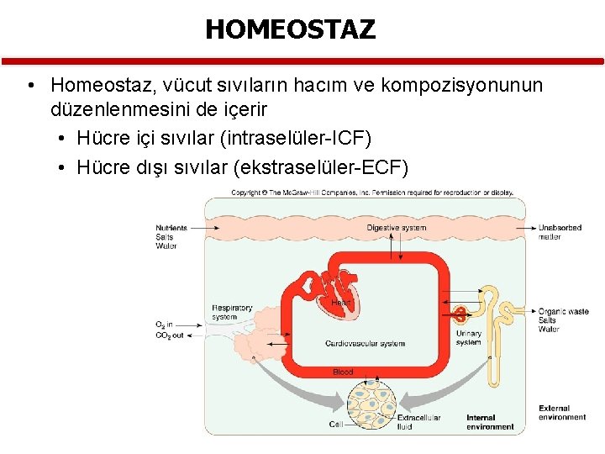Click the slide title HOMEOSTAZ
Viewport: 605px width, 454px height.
pos(290,29)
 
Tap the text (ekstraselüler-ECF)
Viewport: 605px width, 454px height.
pos(324,167)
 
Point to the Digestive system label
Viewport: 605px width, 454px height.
pos(396,228)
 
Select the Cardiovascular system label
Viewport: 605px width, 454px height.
pos(365,343)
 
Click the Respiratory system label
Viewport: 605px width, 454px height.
pos(231,312)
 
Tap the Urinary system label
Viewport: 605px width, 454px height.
pos(468,338)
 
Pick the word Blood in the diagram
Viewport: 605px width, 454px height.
pos(343,372)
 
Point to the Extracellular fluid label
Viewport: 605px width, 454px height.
pos(418,422)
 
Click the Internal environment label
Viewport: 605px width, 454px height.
pos(490,422)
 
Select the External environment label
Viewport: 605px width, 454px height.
pos(562,413)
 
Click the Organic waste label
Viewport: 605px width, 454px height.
pos(563,312)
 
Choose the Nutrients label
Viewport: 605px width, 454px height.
pos(171,228)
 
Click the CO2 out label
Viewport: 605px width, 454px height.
pos(169,335)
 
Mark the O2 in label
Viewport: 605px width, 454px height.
pos(165,324)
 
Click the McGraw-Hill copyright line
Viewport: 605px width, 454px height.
pos(371,193)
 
